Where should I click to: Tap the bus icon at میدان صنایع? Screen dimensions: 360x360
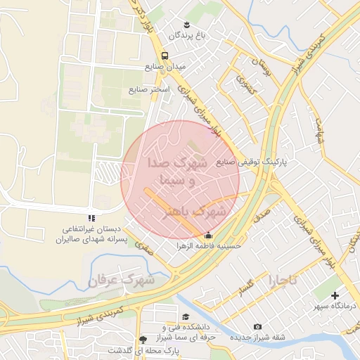165,56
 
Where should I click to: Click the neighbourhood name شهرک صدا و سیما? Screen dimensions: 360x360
175,171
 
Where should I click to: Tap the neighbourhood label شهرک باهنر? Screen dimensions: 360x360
195,211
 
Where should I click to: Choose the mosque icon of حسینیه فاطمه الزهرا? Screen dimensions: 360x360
207,236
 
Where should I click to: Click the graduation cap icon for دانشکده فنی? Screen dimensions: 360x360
185,317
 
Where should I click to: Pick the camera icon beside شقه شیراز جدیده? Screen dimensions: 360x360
257,327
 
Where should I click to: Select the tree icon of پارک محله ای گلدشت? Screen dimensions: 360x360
144,339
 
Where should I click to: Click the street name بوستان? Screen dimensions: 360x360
265,67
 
